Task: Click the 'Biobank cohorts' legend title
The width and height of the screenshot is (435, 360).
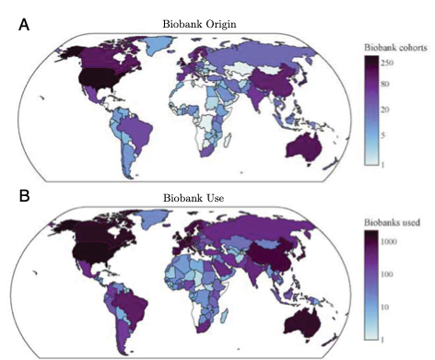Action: pos(394,47)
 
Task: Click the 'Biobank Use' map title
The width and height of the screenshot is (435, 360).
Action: pos(194,198)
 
